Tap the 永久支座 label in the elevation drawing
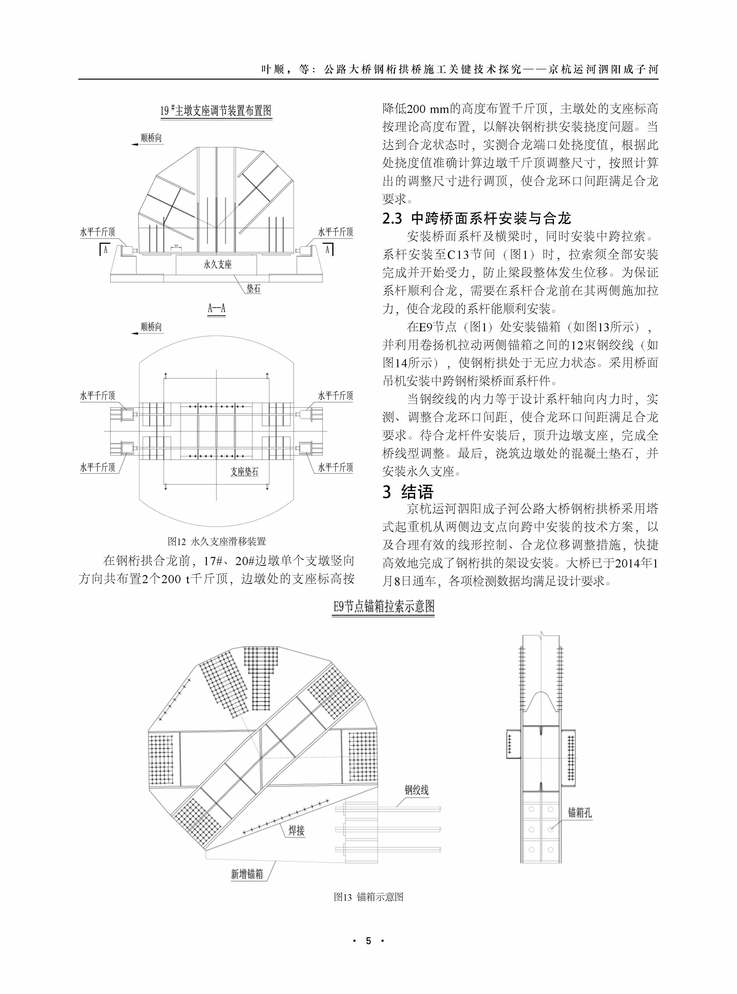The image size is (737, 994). click(x=218, y=264)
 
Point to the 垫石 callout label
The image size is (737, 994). click(x=253, y=288)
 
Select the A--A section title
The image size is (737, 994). click(x=217, y=308)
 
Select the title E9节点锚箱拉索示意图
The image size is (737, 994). click(x=383, y=607)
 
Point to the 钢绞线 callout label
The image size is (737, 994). click(x=416, y=790)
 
